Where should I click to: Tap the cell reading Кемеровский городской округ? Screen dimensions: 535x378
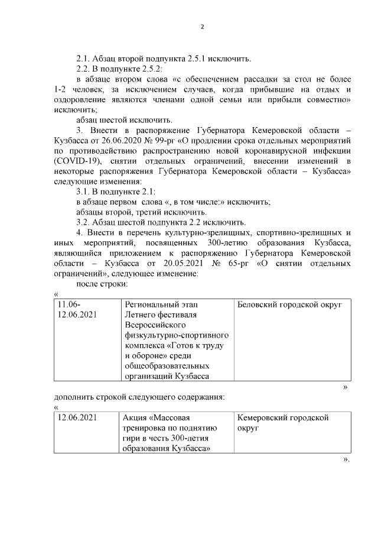tap(282, 423)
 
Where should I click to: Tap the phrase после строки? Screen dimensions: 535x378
tap(102, 285)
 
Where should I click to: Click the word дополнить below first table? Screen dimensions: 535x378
tap(73, 397)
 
